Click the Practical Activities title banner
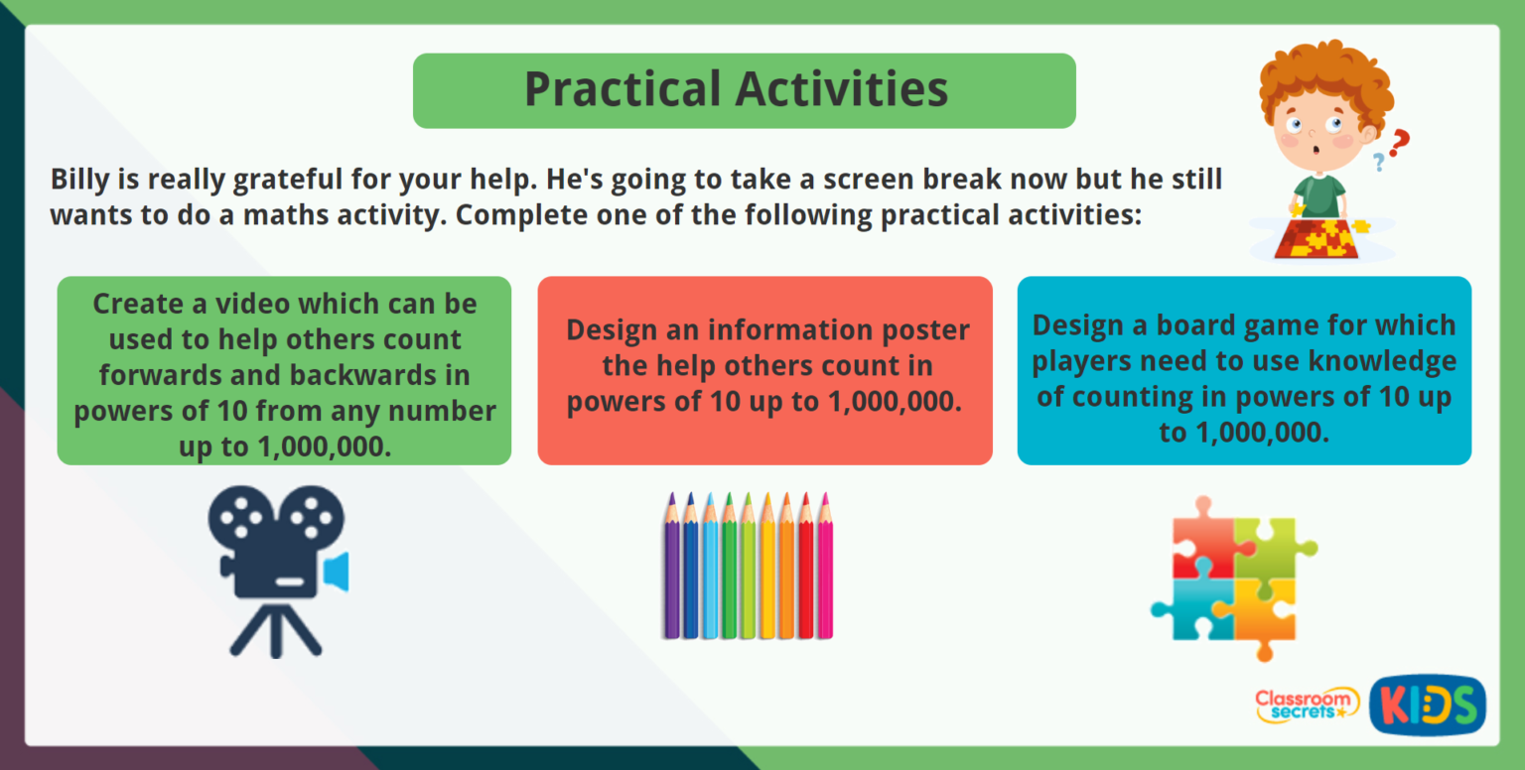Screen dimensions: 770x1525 click(x=744, y=90)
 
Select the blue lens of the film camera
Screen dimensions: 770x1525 click(x=338, y=572)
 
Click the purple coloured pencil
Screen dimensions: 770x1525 click(x=671, y=571)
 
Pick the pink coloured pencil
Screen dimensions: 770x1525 click(x=825, y=571)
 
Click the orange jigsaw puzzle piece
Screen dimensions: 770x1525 click(x=1263, y=613)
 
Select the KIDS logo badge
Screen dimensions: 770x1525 click(x=1427, y=705)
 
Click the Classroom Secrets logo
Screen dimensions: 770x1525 click(x=1306, y=705)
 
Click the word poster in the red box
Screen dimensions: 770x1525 click(x=922, y=329)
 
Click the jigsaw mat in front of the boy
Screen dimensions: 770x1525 click(x=1321, y=238)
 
